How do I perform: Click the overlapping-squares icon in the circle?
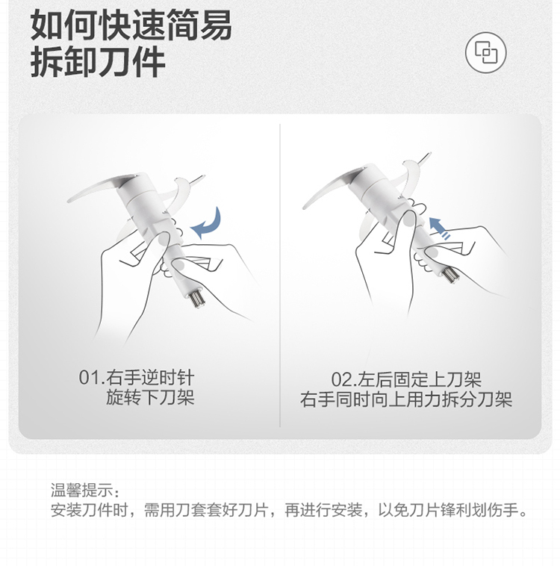click(x=485, y=53)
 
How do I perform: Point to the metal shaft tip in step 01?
click(x=197, y=298)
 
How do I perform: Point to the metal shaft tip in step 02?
click(x=450, y=275)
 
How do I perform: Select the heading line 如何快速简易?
click(x=131, y=25)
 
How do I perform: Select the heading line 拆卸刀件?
click(x=98, y=63)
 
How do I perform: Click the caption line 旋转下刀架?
click(x=150, y=397)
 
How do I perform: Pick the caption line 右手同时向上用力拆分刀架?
click(x=406, y=399)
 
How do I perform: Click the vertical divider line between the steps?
click(x=280, y=276)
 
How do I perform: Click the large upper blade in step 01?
click(x=102, y=187)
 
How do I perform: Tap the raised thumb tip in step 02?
click(x=408, y=219)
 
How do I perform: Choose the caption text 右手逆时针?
click(x=150, y=378)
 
